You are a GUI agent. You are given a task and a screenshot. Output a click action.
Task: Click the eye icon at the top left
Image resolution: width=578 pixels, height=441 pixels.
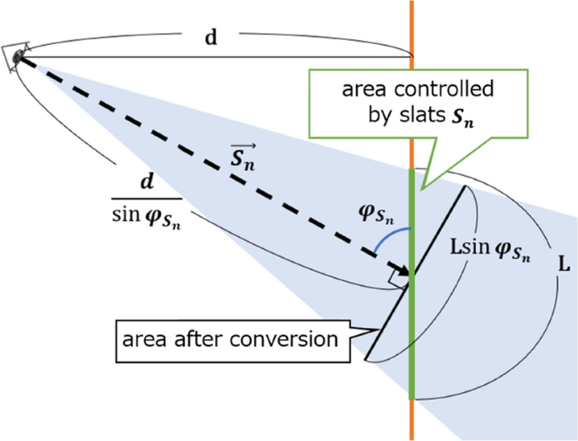tap(17, 55)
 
